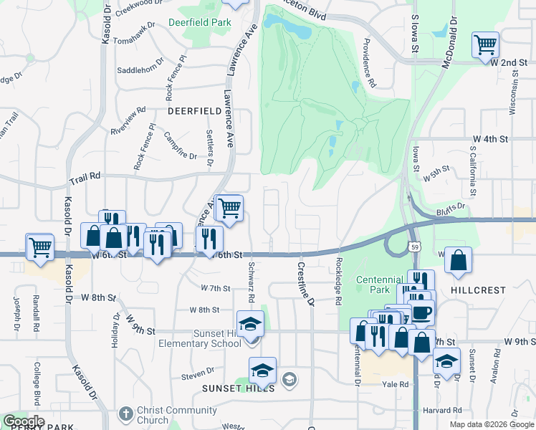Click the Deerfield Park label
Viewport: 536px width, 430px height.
tap(200, 22)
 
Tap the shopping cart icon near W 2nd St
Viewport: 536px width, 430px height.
tap(485, 45)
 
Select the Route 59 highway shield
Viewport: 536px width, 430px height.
tap(416, 247)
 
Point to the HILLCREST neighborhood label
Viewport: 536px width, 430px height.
tap(478, 290)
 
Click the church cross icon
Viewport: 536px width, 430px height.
tap(125, 414)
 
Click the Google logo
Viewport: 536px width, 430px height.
tap(24, 421)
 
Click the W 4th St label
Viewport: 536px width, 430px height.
tap(489, 138)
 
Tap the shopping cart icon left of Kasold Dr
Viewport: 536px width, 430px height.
tap(40, 247)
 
